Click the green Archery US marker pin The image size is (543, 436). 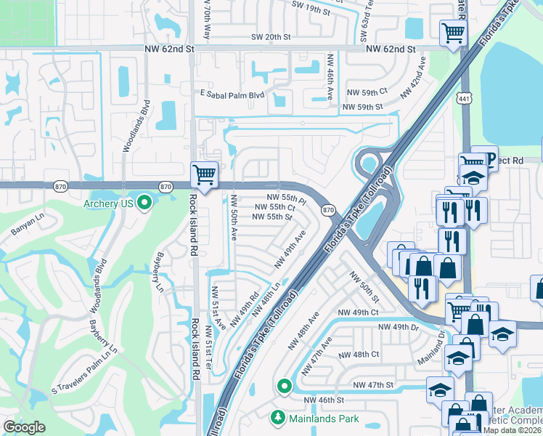[x=144, y=203]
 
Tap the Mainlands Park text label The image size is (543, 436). [x=324, y=419]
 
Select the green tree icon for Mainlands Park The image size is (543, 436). [x=277, y=418]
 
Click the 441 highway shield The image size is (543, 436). [x=465, y=98]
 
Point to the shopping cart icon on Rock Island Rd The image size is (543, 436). [x=205, y=174]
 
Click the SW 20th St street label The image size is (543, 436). [x=270, y=37]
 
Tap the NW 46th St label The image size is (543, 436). [x=323, y=400]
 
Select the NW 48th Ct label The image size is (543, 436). [x=360, y=355]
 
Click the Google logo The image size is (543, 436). [x=24, y=427]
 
